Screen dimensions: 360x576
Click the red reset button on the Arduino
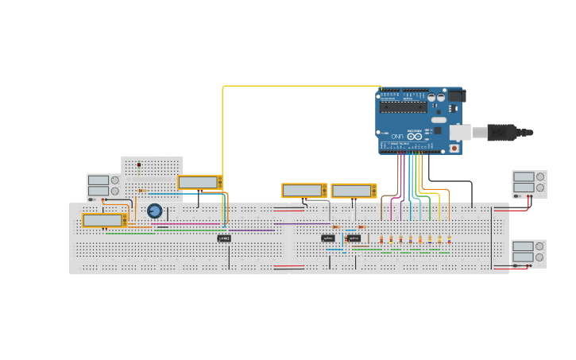(x=454, y=148)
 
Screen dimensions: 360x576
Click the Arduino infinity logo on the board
(x=414, y=137)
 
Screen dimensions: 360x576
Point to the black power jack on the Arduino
(x=456, y=96)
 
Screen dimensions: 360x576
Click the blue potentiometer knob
(x=155, y=211)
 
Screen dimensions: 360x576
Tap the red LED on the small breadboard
(x=139, y=166)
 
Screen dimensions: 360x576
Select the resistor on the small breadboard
(x=142, y=191)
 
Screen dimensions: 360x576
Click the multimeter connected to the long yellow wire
(x=199, y=183)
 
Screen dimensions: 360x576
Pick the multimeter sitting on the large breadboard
(x=104, y=220)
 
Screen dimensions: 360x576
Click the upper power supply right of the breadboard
(x=529, y=184)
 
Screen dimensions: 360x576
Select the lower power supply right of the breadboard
(x=528, y=253)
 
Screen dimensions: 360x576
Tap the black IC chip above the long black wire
(x=224, y=238)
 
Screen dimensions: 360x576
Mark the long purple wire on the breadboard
(x=215, y=230)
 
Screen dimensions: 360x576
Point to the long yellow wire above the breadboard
(x=302, y=86)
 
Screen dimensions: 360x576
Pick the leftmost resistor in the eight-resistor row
(x=381, y=238)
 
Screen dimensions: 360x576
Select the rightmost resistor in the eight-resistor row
(x=449, y=238)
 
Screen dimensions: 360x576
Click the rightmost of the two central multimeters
(x=354, y=191)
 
